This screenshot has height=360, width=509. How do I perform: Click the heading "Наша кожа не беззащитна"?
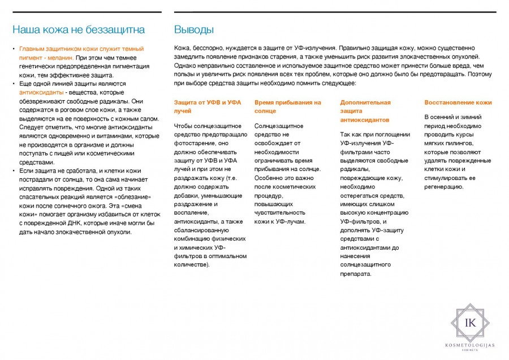coord(79,29)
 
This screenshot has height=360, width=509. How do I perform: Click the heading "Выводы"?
coord(194,29)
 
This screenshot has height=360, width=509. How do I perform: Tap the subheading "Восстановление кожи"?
coord(458,102)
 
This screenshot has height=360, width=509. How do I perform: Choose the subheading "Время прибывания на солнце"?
coord(288,107)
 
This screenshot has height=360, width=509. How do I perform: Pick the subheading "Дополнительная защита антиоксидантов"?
coord(365,111)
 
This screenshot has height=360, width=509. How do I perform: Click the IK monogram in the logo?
coord(469,323)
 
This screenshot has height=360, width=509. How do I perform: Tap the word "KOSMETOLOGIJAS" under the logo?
coord(469,345)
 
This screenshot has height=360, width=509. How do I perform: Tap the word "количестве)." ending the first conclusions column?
coord(192,264)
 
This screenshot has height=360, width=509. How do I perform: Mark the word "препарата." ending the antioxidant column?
coord(356,274)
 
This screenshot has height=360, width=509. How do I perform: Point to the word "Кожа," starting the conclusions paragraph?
coord(184,48)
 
